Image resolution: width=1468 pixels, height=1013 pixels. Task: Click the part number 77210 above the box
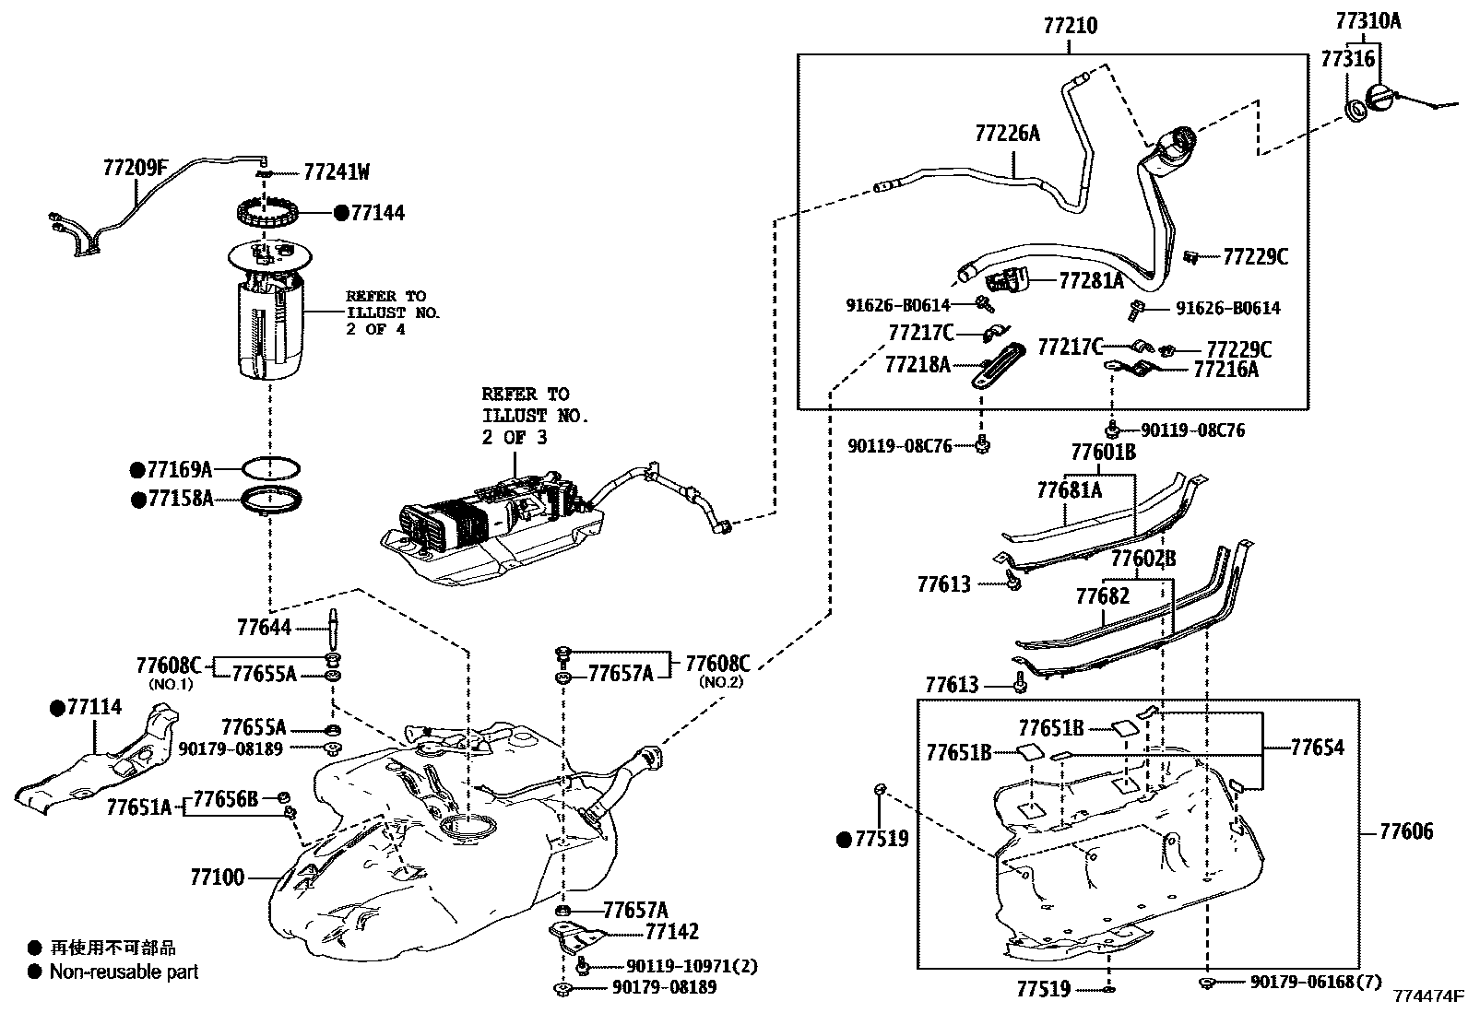(x=1070, y=26)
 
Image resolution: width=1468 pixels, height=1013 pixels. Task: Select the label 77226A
(x=1007, y=134)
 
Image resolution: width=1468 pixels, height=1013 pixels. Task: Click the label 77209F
(x=136, y=168)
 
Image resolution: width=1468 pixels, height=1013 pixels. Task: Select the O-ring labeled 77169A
(x=271, y=468)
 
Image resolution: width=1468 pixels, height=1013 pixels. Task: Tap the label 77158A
(x=179, y=499)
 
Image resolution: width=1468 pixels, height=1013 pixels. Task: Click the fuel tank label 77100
(x=218, y=877)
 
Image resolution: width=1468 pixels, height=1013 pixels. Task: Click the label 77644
(x=264, y=628)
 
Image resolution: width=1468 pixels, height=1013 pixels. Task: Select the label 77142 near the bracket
(x=671, y=932)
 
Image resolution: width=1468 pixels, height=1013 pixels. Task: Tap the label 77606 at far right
(x=1406, y=831)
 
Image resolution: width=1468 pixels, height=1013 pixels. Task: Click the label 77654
(x=1317, y=748)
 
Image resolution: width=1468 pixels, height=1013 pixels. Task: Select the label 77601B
(x=1103, y=453)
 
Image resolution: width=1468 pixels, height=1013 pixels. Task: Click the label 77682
(x=1102, y=596)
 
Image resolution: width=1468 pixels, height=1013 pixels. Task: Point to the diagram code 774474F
(x=1428, y=996)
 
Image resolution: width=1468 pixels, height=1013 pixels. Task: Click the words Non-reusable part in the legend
(x=124, y=972)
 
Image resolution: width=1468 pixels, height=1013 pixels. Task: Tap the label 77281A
(x=1091, y=280)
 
